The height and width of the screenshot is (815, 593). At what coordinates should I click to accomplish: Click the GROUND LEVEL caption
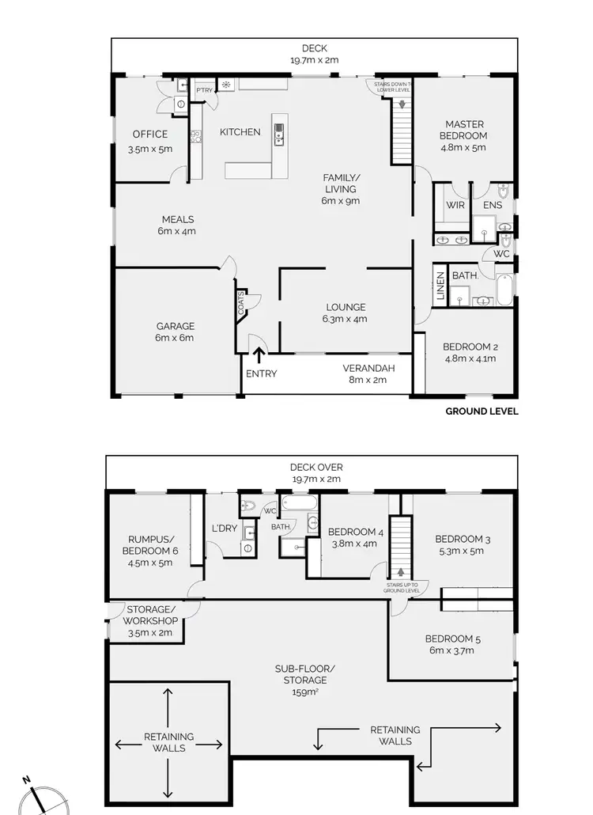pos(482,411)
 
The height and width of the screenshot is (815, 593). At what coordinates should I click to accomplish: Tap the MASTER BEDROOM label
pos(463,130)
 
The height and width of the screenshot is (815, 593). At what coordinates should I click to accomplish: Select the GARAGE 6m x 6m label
pos(175,332)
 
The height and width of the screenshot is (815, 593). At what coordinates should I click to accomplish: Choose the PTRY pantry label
pos(204,90)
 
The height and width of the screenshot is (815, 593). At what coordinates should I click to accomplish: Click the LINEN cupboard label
pos(439,287)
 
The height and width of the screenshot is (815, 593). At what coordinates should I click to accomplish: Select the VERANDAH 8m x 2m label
pos(368,373)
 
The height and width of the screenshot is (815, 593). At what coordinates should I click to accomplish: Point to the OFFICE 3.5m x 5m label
pos(150,141)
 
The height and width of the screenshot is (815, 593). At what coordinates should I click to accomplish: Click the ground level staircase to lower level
pos(402,130)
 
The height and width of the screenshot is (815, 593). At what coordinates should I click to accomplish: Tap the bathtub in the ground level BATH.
pos(504,290)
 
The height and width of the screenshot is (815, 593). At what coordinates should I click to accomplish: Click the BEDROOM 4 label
pos(355,537)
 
